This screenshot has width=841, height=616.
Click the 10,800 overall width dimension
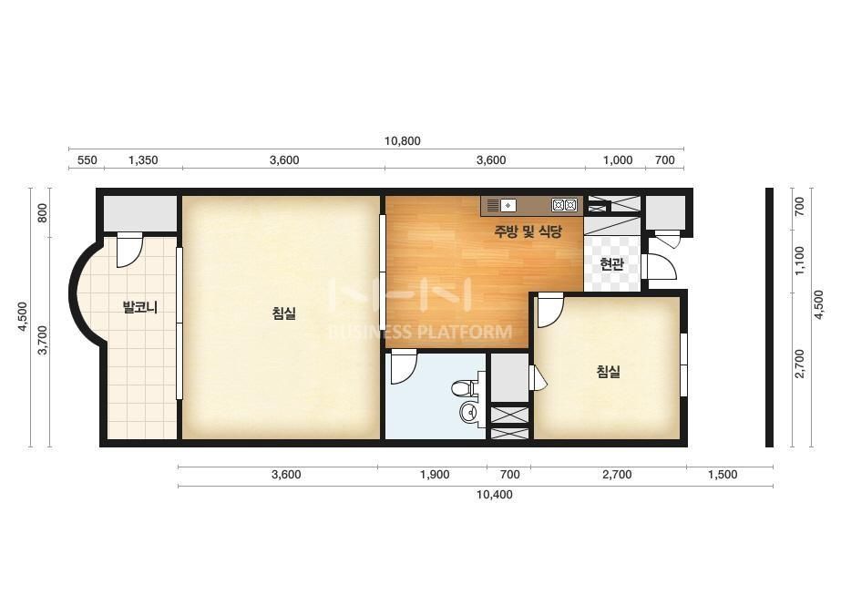(402, 141)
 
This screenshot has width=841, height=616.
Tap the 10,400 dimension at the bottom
(494, 494)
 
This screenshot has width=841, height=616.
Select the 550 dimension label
(87, 159)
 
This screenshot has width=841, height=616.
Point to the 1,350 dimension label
(143, 159)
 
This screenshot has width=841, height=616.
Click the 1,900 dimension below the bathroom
(435, 475)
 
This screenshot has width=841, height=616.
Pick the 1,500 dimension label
(723, 475)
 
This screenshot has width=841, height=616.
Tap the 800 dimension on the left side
(43, 212)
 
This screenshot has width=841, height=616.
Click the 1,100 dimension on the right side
(799, 261)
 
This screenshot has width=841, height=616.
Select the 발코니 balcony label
(140, 307)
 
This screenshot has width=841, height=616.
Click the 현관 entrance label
(611, 264)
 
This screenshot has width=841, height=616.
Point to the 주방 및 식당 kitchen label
(528, 231)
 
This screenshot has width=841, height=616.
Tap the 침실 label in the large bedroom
(283, 313)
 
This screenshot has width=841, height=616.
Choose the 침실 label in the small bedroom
(609, 371)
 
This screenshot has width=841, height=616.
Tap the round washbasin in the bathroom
(469, 412)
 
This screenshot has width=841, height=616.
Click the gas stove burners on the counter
(564, 205)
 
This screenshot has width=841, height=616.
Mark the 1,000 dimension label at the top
(618, 159)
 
